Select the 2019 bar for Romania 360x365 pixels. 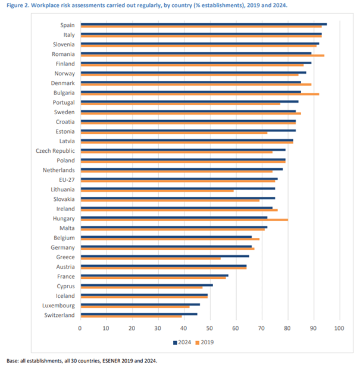(202, 55)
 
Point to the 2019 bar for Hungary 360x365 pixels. (184, 220)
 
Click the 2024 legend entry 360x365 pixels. (184, 342)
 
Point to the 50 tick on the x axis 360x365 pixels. (209, 328)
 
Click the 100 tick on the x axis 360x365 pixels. (339, 328)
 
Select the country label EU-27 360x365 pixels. (67, 180)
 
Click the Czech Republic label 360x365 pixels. (55, 150)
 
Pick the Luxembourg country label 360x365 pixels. (58, 305)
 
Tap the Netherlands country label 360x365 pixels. (58, 170)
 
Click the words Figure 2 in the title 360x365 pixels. (18, 5)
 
